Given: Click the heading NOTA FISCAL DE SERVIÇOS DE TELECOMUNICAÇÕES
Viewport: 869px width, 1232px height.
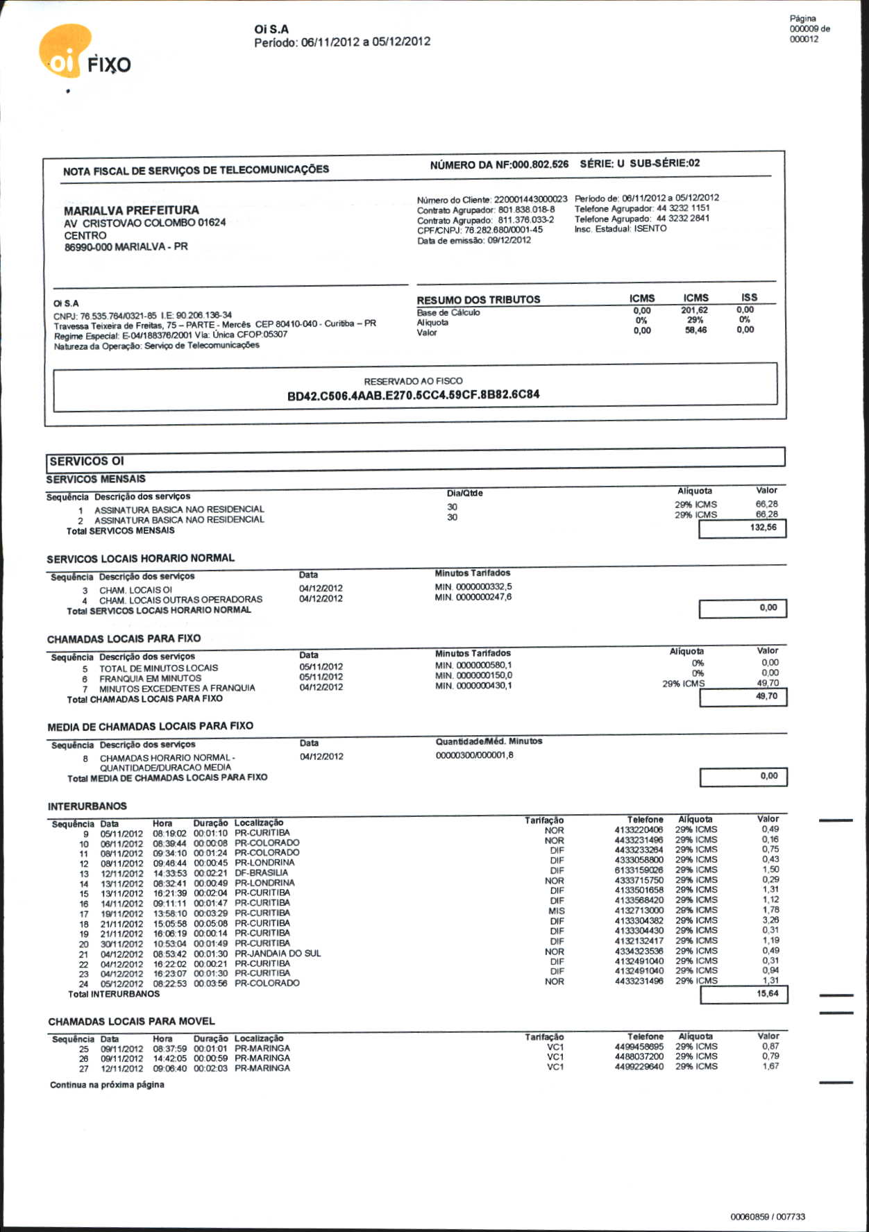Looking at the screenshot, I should (x=196, y=170).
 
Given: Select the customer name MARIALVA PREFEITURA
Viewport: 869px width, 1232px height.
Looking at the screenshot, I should (x=131, y=210).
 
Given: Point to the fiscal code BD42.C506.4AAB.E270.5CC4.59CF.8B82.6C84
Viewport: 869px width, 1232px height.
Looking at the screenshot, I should (x=413, y=395).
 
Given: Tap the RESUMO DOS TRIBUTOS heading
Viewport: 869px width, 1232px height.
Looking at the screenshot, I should (x=478, y=300).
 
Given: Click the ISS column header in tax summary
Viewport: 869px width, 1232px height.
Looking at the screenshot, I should (x=749, y=297).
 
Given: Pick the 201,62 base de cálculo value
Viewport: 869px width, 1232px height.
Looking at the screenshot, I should (x=694, y=310).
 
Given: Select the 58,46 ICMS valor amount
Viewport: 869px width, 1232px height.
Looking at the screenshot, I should (x=695, y=330).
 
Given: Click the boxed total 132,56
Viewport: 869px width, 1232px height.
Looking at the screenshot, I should (x=763, y=528).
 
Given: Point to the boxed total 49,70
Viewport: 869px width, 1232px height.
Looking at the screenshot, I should (x=766, y=696).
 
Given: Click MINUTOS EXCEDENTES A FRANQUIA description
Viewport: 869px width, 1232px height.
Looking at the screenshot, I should (x=177, y=688).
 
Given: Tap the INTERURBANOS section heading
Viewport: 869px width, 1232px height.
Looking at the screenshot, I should (x=87, y=807).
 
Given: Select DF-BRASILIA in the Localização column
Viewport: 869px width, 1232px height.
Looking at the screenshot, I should (x=261, y=873).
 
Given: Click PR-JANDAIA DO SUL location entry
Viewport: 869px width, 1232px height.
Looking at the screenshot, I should (x=278, y=954).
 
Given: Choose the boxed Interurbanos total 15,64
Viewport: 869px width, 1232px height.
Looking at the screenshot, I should (x=767, y=994).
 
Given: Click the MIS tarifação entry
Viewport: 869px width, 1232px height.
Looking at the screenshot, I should (x=556, y=911).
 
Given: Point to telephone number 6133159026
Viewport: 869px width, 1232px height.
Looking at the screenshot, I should (x=639, y=870).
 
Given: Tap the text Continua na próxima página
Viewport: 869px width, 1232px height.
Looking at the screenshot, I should (x=107, y=1085).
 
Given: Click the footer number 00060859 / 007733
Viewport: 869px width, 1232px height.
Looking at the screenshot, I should (x=768, y=1217).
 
